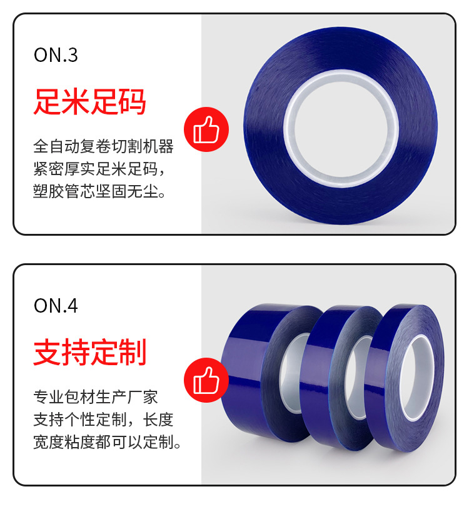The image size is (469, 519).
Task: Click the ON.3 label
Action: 56,55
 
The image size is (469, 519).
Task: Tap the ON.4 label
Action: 56,306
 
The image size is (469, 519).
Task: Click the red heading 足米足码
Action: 89,101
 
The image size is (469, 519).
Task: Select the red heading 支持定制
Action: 89,352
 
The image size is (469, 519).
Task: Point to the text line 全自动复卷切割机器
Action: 103,148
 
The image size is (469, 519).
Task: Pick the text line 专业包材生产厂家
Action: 96,397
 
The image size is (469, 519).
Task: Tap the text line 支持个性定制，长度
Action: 103,420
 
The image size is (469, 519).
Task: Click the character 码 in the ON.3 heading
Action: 132,101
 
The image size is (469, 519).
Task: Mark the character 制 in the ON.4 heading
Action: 132,352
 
